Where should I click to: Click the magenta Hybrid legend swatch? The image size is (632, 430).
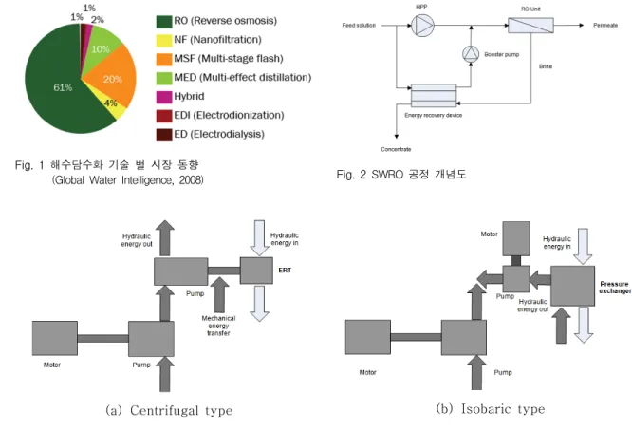[164, 97]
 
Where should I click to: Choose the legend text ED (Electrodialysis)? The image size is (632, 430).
[219, 134]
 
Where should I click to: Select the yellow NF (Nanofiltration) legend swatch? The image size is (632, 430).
[164, 40]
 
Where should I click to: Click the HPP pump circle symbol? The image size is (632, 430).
[422, 26]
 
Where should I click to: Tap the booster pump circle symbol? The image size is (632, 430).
[471, 54]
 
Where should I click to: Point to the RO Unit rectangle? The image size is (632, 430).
[530, 25]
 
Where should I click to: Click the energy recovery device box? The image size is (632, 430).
[434, 96]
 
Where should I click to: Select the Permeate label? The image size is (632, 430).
[605, 25]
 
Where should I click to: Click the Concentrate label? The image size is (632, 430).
[396, 149]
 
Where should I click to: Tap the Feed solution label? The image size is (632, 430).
[359, 25]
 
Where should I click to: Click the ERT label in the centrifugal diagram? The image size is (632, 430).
[285, 270]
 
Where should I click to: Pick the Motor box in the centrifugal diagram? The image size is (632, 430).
[55, 338]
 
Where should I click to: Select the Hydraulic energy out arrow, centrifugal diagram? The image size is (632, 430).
[165, 237]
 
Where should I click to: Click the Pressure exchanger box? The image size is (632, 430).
[573, 286]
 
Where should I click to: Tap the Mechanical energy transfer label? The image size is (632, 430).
[218, 326]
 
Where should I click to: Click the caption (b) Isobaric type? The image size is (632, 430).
[490, 409]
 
